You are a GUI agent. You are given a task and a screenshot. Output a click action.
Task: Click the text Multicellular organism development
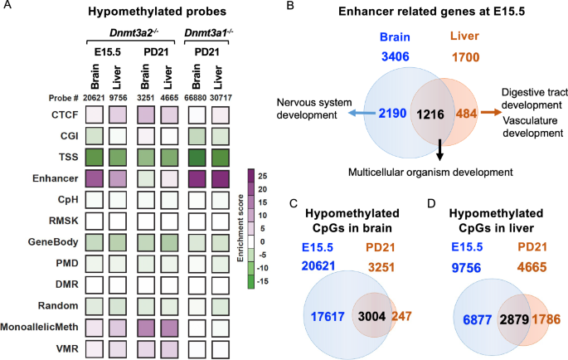(x=431, y=171)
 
